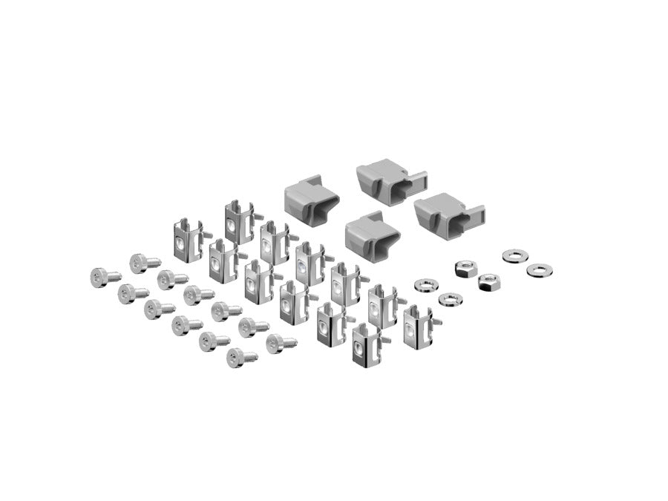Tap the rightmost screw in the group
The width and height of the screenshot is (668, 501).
281,343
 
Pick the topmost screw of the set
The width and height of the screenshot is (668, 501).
144,262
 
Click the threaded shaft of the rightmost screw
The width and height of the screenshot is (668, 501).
289,342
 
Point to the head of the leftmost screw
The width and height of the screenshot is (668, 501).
98,277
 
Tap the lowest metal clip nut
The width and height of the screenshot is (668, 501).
367,347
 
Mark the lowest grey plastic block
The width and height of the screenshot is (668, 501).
371,236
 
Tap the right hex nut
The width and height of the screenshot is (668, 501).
488,281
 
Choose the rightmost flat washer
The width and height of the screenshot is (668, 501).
540,270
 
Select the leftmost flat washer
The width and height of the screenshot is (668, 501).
425,285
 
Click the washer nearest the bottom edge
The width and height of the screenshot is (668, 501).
450,299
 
